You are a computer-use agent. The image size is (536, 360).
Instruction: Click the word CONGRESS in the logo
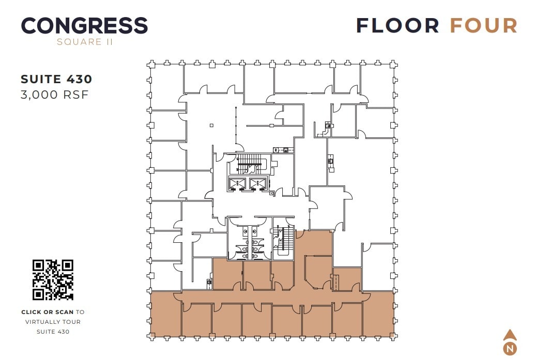click(x=84, y=26)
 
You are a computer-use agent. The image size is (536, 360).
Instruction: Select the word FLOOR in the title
click(x=397, y=26)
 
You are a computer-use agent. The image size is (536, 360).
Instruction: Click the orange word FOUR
click(x=483, y=26)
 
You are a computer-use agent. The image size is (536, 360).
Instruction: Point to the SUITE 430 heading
click(x=56, y=79)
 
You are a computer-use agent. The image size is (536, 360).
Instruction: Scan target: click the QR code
click(x=53, y=279)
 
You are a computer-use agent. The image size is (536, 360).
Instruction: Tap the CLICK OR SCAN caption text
click(x=48, y=312)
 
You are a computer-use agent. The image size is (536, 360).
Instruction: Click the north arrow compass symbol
click(x=510, y=342)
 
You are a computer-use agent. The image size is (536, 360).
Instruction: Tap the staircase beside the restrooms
click(x=282, y=241)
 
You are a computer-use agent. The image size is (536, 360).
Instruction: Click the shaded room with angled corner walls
click(x=317, y=272)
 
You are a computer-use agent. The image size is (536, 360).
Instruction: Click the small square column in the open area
click(x=211, y=125)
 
